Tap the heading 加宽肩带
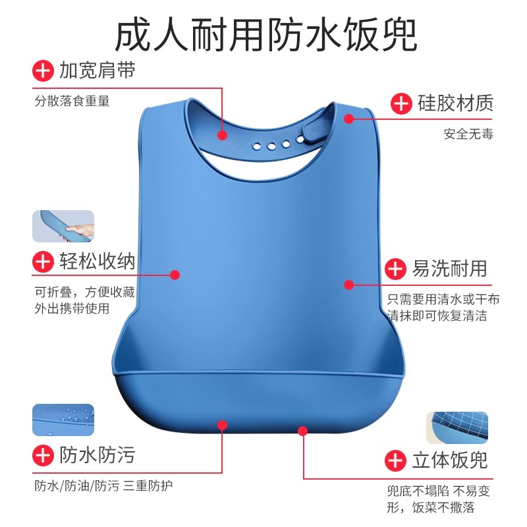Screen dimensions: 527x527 (97, 70)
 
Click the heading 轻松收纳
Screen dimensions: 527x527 (97, 262)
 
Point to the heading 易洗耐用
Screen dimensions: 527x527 (450, 269)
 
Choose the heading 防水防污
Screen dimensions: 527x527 (97, 455)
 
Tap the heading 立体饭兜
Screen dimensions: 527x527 (450, 459)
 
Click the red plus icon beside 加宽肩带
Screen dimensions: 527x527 (43, 70)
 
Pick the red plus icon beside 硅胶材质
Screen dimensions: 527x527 (401, 103)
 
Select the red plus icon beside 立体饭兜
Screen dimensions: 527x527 (395, 460)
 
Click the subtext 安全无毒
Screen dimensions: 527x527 (468, 134)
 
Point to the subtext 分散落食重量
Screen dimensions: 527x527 (72, 101)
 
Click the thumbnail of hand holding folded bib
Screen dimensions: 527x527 (63, 226)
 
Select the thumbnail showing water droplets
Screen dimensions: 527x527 (63, 420)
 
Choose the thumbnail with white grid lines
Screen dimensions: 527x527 (457, 428)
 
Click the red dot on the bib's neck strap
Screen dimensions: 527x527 (223, 135)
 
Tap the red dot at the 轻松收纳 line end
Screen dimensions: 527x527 (175, 274)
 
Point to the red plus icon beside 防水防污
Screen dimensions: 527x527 (43, 455)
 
